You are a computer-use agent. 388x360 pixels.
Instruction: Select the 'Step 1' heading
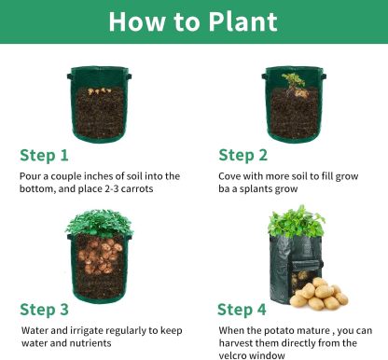click(44, 155)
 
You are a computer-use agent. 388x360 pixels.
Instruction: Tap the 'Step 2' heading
click(242, 155)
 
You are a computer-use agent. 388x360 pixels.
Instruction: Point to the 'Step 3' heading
click(44, 309)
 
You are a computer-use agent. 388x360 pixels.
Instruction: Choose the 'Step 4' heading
click(242, 309)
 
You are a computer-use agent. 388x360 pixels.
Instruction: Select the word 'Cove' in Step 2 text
click(230, 175)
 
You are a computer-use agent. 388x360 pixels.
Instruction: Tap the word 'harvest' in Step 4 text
click(238, 342)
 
